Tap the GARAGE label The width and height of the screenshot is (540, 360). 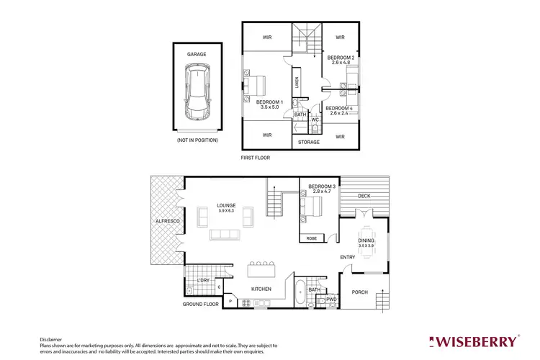click(x=197, y=54)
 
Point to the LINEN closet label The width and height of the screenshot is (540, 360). click(x=296, y=82)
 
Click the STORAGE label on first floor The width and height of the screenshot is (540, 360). click(x=309, y=142)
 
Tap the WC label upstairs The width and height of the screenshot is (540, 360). click(x=315, y=120)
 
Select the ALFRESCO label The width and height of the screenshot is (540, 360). click(x=166, y=221)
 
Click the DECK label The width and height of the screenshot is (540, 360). click(x=364, y=195)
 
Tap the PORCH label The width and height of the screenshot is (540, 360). click(x=359, y=292)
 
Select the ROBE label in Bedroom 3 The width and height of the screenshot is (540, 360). click(x=311, y=238)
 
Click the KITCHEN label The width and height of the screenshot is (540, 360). click(x=261, y=289)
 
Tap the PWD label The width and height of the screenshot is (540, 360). click(x=331, y=299)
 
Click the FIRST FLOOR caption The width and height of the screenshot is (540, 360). click(x=255, y=157)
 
